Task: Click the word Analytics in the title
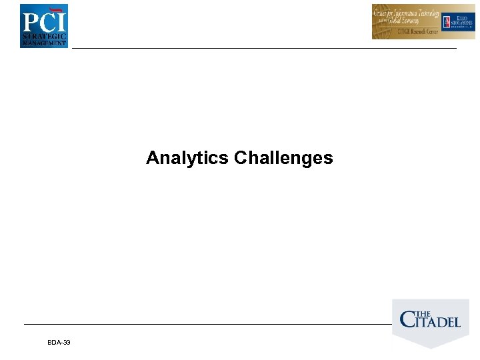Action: coord(188,158)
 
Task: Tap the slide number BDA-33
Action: coord(59,342)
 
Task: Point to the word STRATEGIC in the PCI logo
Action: coord(44,36)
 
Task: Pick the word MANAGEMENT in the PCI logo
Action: coord(44,43)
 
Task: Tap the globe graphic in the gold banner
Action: coord(383,27)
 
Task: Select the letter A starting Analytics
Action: coord(151,158)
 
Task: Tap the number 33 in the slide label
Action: coord(67,342)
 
